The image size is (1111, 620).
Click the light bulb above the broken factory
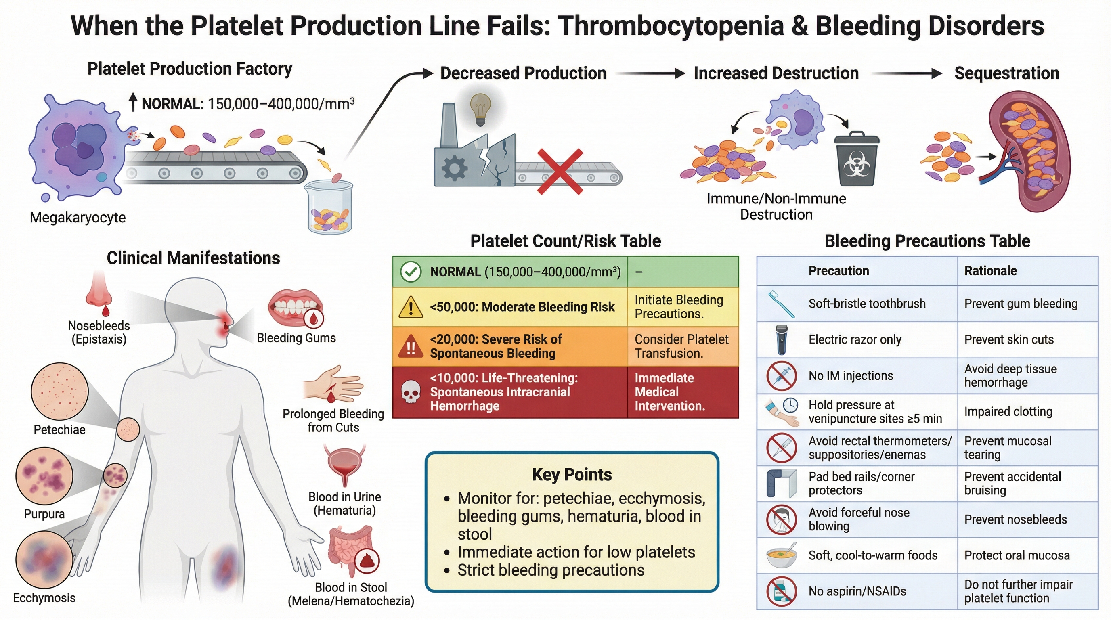(x=480, y=109)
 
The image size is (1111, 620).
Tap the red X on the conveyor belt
(x=560, y=172)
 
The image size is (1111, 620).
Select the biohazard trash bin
(x=857, y=159)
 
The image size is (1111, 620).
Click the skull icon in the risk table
(x=411, y=392)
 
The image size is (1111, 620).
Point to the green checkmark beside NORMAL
(x=411, y=272)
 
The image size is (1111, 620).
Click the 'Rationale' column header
(x=991, y=271)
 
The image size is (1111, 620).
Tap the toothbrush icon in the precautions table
(x=782, y=304)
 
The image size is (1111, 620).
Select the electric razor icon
(x=781, y=340)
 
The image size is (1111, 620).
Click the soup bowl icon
(x=782, y=555)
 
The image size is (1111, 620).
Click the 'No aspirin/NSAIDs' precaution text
(x=857, y=592)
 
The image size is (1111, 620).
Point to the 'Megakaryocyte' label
(x=78, y=217)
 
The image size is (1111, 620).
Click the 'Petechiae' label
(x=59, y=430)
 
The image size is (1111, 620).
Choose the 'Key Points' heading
(x=572, y=475)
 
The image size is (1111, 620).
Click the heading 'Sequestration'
(x=1006, y=73)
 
